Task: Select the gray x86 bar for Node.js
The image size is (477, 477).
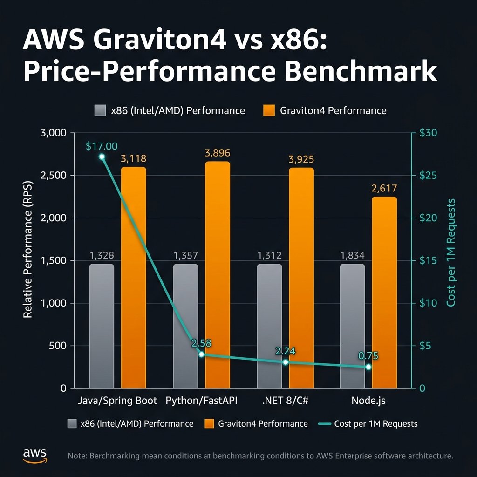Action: (353, 326)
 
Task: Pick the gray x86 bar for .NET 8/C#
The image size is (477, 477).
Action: (269, 326)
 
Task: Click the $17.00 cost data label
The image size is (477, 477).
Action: (102, 146)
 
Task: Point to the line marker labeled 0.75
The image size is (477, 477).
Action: (368, 367)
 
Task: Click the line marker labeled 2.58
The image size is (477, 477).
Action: (201, 354)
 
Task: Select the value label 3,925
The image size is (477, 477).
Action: (301, 159)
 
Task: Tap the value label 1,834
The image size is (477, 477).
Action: (352, 255)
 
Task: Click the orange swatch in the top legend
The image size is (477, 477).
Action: (270, 110)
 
